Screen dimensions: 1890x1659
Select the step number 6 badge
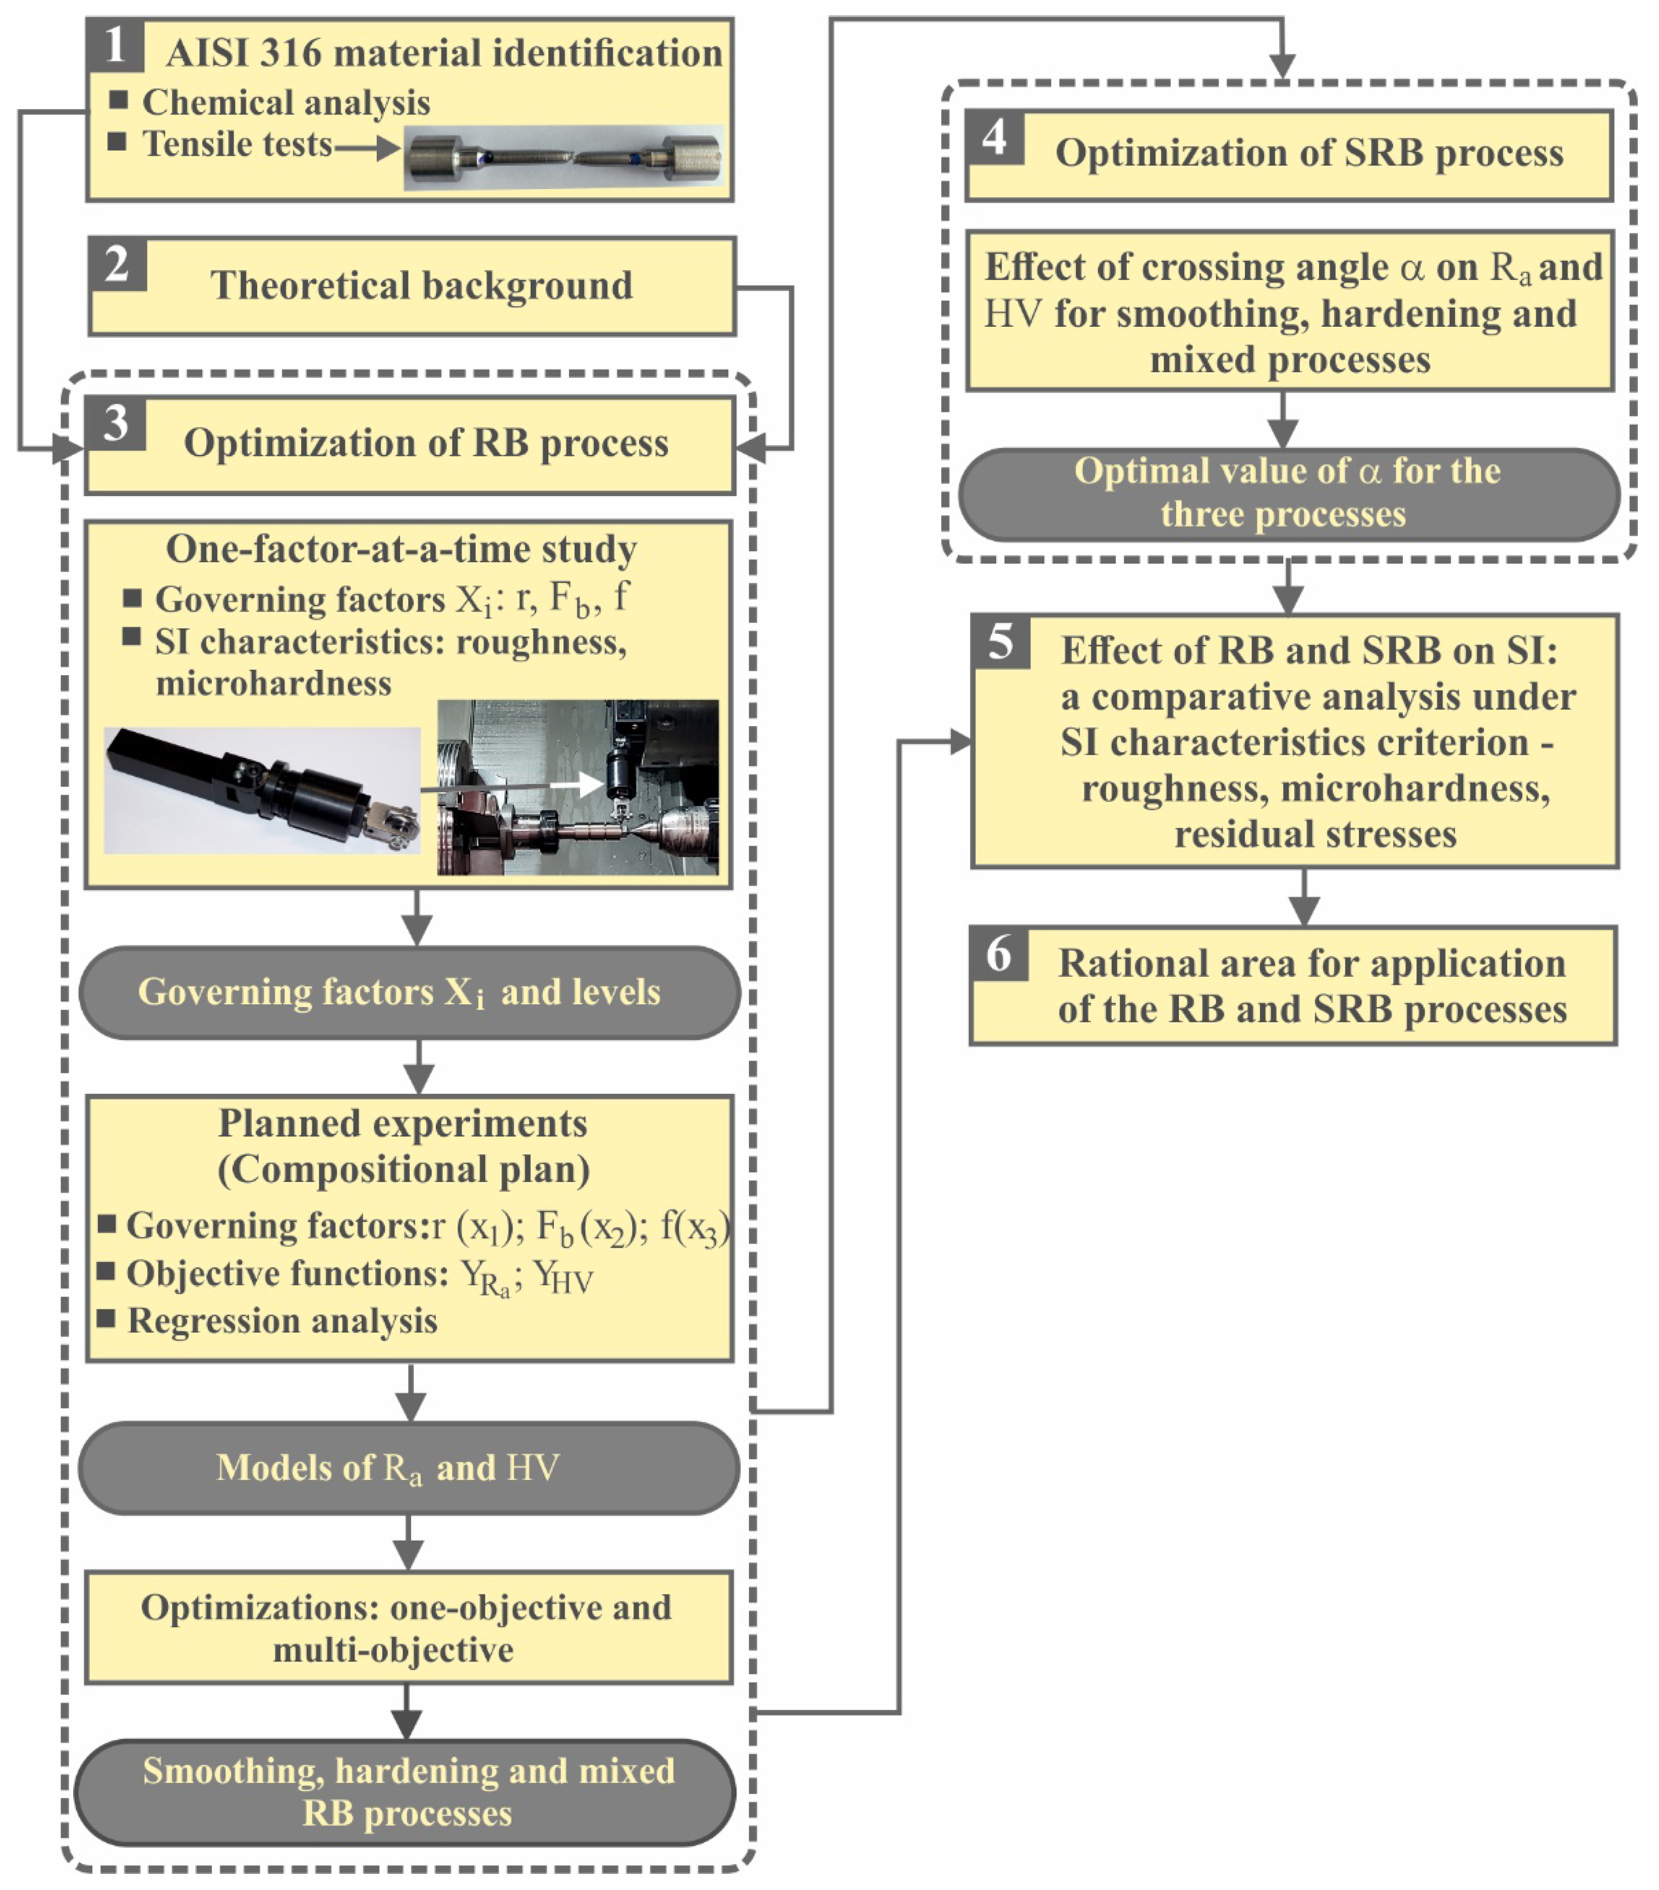click(999, 954)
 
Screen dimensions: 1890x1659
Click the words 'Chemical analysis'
click(285, 103)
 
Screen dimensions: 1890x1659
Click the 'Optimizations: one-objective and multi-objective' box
click(408, 1627)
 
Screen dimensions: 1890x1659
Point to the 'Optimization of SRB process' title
click(1308, 153)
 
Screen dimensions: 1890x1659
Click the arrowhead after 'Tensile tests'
click(388, 146)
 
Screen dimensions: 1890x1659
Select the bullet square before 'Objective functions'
click(106, 1271)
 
